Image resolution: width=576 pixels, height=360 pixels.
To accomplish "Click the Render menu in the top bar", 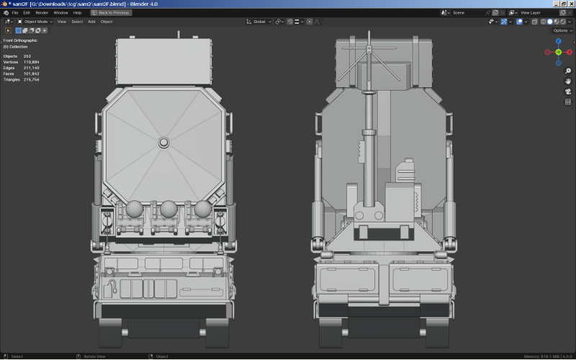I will click(x=42, y=13).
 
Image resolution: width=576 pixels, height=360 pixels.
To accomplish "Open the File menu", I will click(x=15, y=13).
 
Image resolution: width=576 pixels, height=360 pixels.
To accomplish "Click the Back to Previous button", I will click(x=112, y=13).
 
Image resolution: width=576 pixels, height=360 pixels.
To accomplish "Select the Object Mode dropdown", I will click(x=35, y=22).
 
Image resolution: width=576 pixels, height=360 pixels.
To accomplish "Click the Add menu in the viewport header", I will click(x=91, y=22).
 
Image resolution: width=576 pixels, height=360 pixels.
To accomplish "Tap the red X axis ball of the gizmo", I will click(x=547, y=53).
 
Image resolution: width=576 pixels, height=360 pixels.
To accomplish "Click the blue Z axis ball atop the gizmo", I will click(x=558, y=42).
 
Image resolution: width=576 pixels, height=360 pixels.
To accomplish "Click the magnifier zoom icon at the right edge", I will click(x=567, y=71).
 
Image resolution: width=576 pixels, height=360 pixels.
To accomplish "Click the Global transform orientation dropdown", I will click(x=260, y=22).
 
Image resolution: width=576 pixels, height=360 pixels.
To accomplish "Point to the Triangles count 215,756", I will click(x=31, y=79).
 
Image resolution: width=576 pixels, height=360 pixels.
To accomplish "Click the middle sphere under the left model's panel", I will click(x=168, y=208).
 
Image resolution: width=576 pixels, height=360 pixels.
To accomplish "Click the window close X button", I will click(x=570, y=4).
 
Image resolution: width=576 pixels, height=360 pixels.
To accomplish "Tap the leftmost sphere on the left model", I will click(x=133, y=208).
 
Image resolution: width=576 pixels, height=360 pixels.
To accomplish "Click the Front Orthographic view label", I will click(x=20, y=40).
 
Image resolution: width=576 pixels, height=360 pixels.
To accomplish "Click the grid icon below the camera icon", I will click(x=567, y=102).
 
